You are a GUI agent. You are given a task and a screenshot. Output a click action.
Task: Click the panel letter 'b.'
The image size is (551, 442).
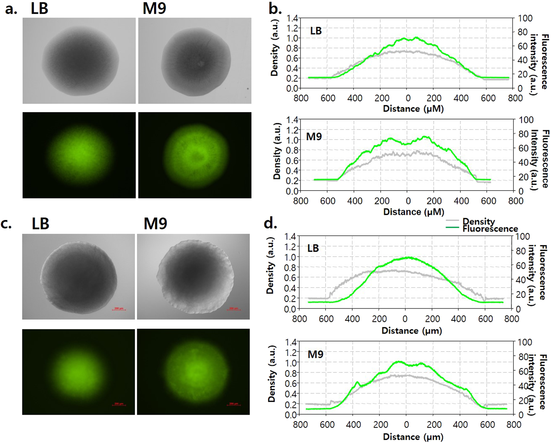(x=275, y=9)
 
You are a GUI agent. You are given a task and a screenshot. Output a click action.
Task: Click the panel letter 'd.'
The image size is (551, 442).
(x=270, y=223)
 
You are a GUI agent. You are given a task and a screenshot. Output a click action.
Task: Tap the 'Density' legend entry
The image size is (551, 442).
(x=478, y=222)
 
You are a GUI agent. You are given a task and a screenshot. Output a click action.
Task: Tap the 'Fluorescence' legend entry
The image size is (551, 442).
(x=490, y=229)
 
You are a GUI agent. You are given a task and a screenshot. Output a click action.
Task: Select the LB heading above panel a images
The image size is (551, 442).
(x=40, y=8)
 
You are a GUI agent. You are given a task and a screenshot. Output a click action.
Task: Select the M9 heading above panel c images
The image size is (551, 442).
(x=155, y=224)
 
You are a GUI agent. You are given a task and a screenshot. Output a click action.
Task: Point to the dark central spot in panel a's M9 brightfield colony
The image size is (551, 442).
(x=201, y=63)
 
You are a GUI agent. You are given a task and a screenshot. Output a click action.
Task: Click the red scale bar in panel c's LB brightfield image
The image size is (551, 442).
(x=119, y=309)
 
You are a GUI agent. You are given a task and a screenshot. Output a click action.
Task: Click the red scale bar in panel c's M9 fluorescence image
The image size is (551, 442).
(x=233, y=404)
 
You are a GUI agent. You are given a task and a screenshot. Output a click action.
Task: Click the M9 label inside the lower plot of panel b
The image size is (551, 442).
(x=314, y=137)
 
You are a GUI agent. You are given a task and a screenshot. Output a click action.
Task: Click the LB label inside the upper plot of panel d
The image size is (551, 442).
(x=313, y=248)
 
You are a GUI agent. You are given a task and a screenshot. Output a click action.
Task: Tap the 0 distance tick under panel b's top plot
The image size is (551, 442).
(x=407, y=98)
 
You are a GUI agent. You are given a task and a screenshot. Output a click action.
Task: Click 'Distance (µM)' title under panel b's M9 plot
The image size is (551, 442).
(x=413, y=212)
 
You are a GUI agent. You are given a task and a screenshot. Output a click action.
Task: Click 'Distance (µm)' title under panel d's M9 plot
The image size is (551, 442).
(x=413, y=437)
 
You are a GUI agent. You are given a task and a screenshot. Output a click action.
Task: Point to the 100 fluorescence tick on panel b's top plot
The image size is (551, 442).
(x=525, y=18)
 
